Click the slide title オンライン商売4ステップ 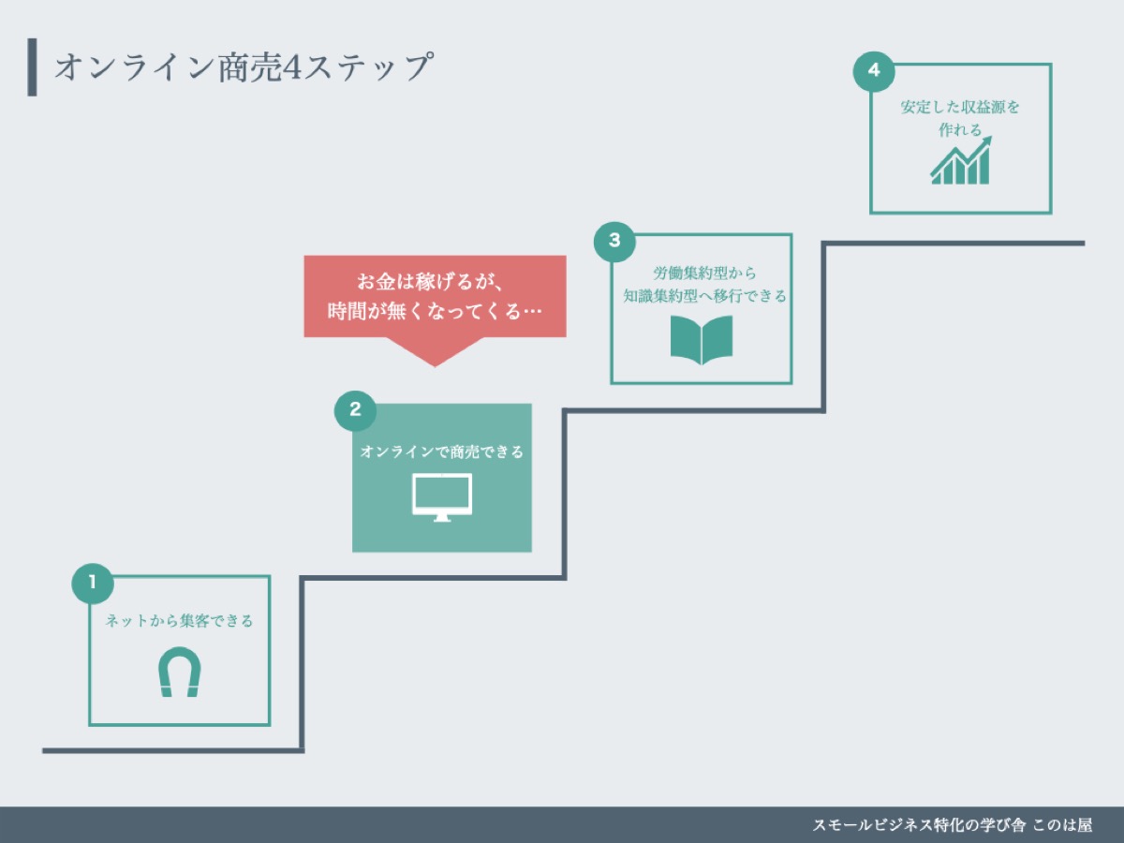(244, 67)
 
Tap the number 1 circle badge (92, 583)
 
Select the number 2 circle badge (355, 409)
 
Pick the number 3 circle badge (614, 240)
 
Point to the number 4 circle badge (874, 70)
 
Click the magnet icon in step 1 (179, 673)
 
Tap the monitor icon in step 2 (442, 496)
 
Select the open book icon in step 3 (701, 339)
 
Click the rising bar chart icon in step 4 (960, 161)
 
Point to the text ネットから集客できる (179, 620)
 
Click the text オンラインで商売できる (442, 451)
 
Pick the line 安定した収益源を (960, 107)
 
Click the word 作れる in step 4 (960, 130)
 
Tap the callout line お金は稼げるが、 (434, 282)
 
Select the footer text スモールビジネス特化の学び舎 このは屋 (952, 825)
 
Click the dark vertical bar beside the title (33, 67)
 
